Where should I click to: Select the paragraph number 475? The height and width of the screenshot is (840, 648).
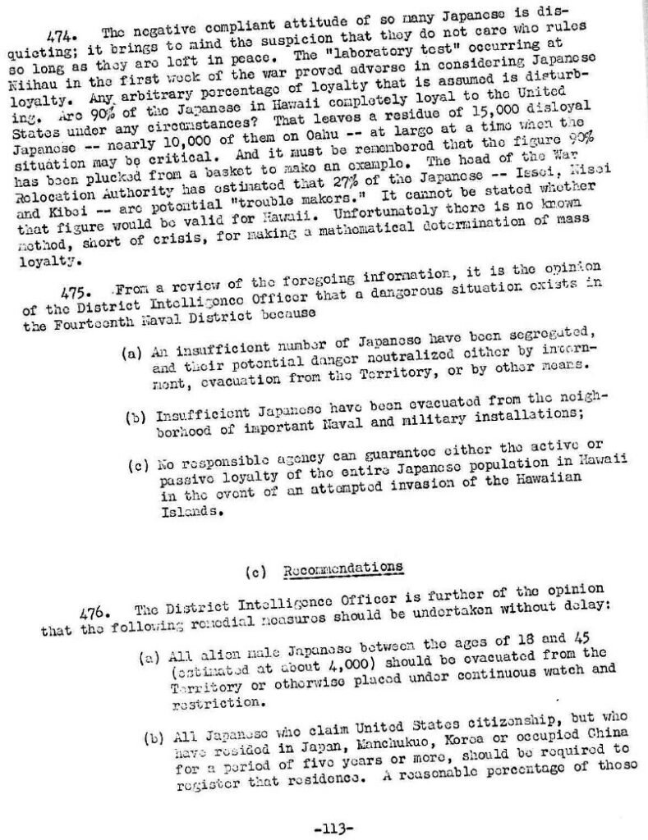click(x=79, y=290)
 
